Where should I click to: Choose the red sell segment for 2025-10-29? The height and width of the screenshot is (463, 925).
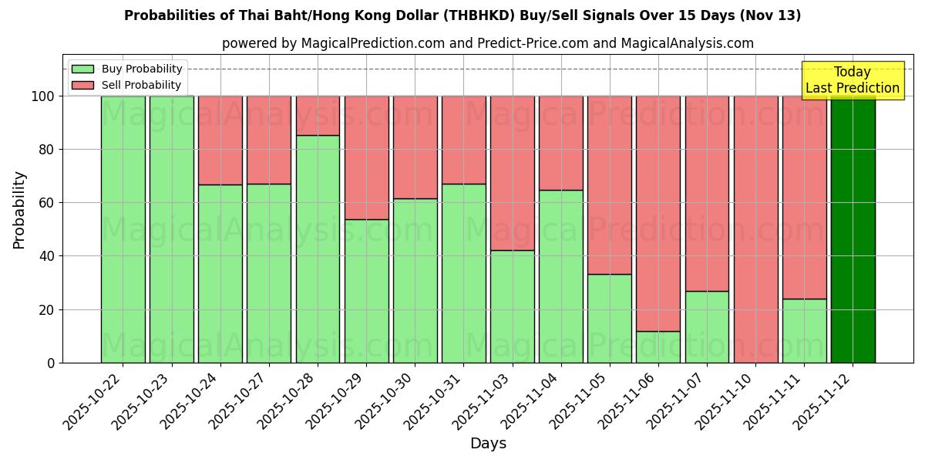tap(366, 157)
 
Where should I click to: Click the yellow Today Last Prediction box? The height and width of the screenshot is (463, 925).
tap(853, 80)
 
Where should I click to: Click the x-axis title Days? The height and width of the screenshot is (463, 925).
tap(488, 444)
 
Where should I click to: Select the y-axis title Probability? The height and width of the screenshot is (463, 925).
tap(19, 210)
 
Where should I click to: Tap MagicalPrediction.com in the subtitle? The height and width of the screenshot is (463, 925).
tap(372, 43)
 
